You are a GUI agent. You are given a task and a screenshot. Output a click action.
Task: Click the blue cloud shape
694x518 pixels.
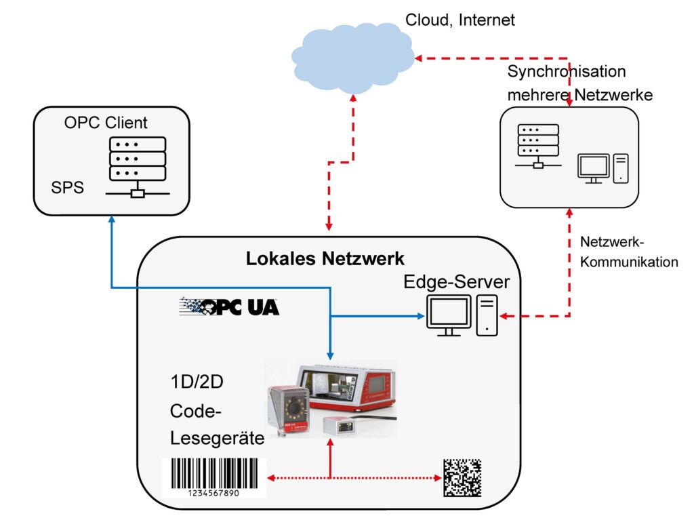pos(352,57)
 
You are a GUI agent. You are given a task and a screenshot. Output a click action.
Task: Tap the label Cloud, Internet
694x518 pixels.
pos(460,20)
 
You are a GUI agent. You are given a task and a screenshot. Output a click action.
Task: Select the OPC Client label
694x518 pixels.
pos(106,123)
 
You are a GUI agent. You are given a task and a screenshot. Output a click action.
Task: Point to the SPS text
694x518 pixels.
pos(68,187)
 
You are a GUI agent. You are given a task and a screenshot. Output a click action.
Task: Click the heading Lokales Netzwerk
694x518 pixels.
pos(325,258)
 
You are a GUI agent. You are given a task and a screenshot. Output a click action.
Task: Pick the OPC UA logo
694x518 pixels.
pos(229,307)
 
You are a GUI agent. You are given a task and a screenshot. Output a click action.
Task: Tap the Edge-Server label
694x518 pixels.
pos(456,282)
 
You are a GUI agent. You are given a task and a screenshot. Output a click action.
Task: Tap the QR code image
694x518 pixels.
pos(462,477)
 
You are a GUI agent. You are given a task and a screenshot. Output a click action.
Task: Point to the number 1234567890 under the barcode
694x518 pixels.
pos(213,493)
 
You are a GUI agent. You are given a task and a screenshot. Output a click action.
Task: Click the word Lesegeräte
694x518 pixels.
pos(217,438)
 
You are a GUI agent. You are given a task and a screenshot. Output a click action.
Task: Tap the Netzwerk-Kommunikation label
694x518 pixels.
pos(629,252)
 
